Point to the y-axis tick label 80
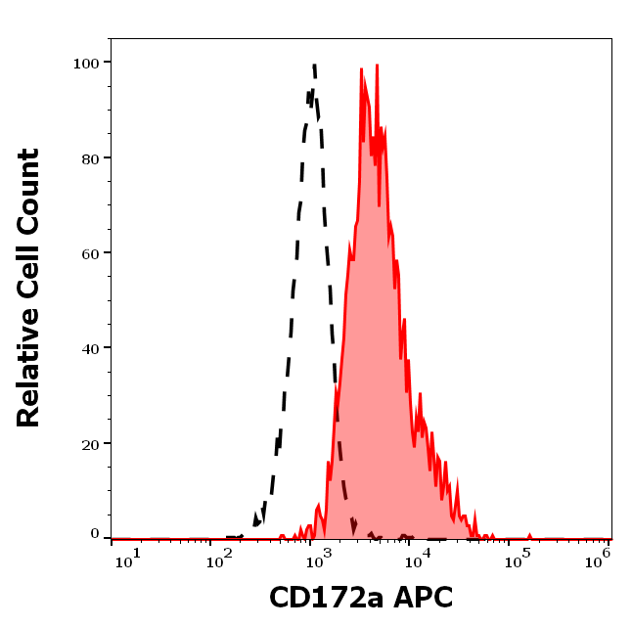coord(90,157)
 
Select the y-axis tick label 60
coord(90,252)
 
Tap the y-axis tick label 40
coord(90,347)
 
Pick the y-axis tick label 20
coord(90,443)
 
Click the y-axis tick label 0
coord(95,535)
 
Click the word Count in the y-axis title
coord(28,189)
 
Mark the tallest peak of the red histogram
coord(376,67)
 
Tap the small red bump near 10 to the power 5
coord(529,535)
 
